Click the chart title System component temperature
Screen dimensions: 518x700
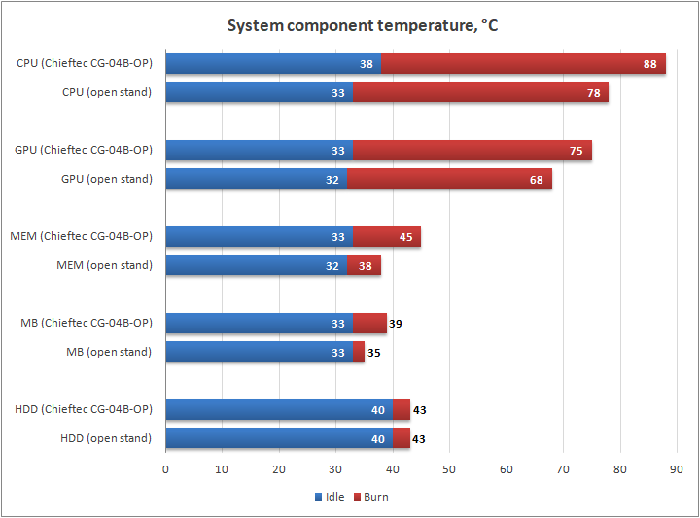[363, 25]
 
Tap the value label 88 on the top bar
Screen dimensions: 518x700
[650, 65]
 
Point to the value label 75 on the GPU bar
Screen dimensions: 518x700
[577, 151]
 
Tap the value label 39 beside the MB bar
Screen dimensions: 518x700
[395, 324]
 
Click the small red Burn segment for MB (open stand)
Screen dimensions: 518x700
[359, 352]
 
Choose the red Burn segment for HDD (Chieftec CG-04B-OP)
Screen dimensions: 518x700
[402, 410]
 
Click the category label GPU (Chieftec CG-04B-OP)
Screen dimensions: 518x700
[84, 150]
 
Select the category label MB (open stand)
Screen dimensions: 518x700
[109, 352]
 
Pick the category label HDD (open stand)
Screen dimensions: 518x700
[106, 438]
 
